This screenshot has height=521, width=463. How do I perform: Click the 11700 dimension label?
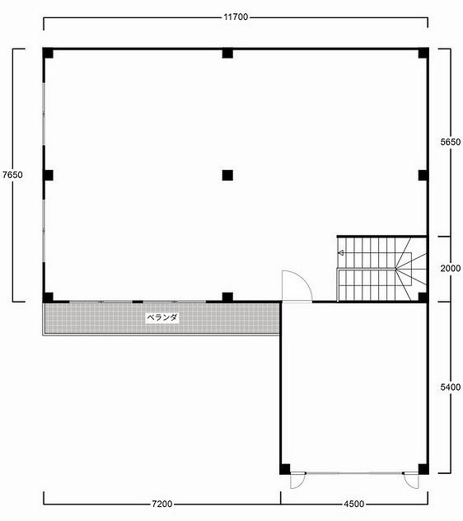click(x=236, y=17)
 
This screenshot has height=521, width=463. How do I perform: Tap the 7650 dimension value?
click(x=12, y=175)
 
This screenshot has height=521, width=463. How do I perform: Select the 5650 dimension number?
click(x=451, y=142)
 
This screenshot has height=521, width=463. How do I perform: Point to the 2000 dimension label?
click(x=451, y=268)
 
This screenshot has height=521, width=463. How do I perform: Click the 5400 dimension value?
click(x=451, y=387)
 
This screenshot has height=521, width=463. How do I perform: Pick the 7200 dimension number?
click(x=162, y=504)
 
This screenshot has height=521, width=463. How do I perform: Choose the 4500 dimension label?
click(x=354, y=504)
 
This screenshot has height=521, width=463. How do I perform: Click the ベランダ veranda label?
click(x=162, y=317)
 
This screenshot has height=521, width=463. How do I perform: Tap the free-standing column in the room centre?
click(x=227, y=175)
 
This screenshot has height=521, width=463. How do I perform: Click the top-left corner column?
click(x=48, y=53)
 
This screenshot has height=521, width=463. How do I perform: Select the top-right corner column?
click(x=423, y=53)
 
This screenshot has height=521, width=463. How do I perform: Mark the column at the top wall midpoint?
click(x=227, y=53)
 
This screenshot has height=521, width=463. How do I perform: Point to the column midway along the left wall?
click(x=48, y=175)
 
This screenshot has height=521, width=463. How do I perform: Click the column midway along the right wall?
click(x=423, y=175)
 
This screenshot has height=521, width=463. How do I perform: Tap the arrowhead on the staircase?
click(x=340, y=253)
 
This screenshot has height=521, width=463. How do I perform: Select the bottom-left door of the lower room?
click(x=297, y=481)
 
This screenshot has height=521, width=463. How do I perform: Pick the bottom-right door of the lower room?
click(x=410, y=480)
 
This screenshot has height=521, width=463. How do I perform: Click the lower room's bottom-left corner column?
click(x=285, y=469)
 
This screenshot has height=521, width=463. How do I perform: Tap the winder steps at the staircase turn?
click(x=411, y=269)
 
